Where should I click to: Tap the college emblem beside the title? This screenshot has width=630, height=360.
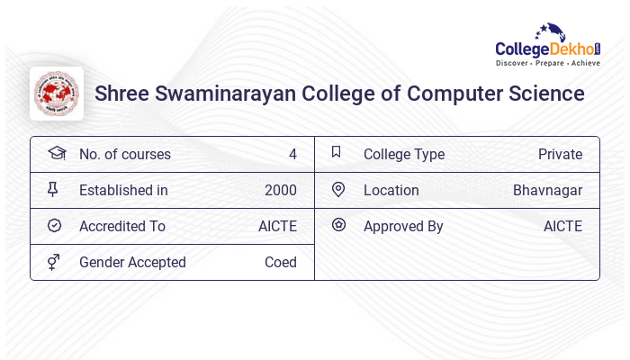57,94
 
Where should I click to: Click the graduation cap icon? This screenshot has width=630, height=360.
56,153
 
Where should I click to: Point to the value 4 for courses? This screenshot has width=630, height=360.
292,154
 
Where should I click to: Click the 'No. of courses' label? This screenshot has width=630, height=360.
124,154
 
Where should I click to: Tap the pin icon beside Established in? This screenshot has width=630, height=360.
53,189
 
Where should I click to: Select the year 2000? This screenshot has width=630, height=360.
280,190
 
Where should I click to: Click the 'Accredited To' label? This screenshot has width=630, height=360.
121,226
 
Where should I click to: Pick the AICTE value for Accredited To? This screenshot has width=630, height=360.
277,226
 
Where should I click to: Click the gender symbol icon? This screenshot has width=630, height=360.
54,262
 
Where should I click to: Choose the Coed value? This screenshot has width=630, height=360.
280,262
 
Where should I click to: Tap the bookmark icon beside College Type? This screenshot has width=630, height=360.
336,152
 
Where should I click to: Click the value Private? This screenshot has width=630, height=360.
560,154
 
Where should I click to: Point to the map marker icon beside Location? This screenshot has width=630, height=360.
338,189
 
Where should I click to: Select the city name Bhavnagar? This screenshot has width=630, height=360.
547,190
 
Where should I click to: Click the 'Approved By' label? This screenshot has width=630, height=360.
403,226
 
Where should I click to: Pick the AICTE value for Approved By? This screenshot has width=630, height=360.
562,226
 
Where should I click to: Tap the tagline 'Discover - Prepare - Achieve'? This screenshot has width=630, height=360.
547,64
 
